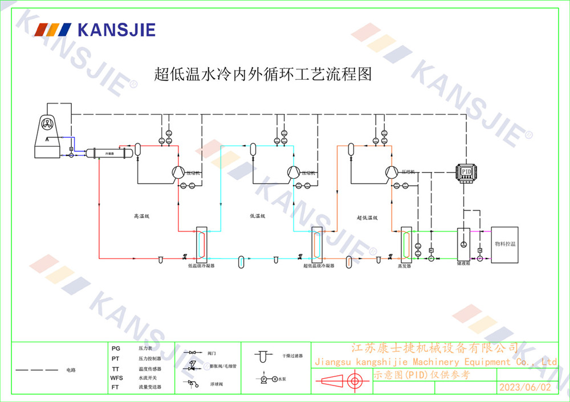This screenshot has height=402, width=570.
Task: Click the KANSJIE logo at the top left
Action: coord(95,30)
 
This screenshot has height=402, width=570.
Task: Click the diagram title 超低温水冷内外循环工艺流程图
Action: coord(263,74)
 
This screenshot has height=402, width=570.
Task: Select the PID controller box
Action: coord(467,173)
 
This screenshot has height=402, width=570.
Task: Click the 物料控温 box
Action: coord(505,244)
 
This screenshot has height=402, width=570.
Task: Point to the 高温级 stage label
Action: coord(141,216)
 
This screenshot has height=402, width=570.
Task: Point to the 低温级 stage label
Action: coord(258,216)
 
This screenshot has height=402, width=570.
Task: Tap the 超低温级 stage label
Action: coord(368,218)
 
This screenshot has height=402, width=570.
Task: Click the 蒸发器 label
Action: coord(404,266)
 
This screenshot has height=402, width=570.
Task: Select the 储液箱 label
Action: coord(463,264)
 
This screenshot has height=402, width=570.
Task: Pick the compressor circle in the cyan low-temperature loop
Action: coord(293,172)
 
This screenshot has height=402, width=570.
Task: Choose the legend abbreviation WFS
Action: coord(117,378)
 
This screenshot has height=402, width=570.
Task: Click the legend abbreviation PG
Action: coord(116,348)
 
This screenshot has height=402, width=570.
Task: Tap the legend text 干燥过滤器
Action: coord(292,355)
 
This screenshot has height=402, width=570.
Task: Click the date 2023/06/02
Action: coord(525,387)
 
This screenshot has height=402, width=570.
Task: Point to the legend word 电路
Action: coord(71,370)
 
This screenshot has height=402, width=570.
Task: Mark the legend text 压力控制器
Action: coord(150,359)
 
